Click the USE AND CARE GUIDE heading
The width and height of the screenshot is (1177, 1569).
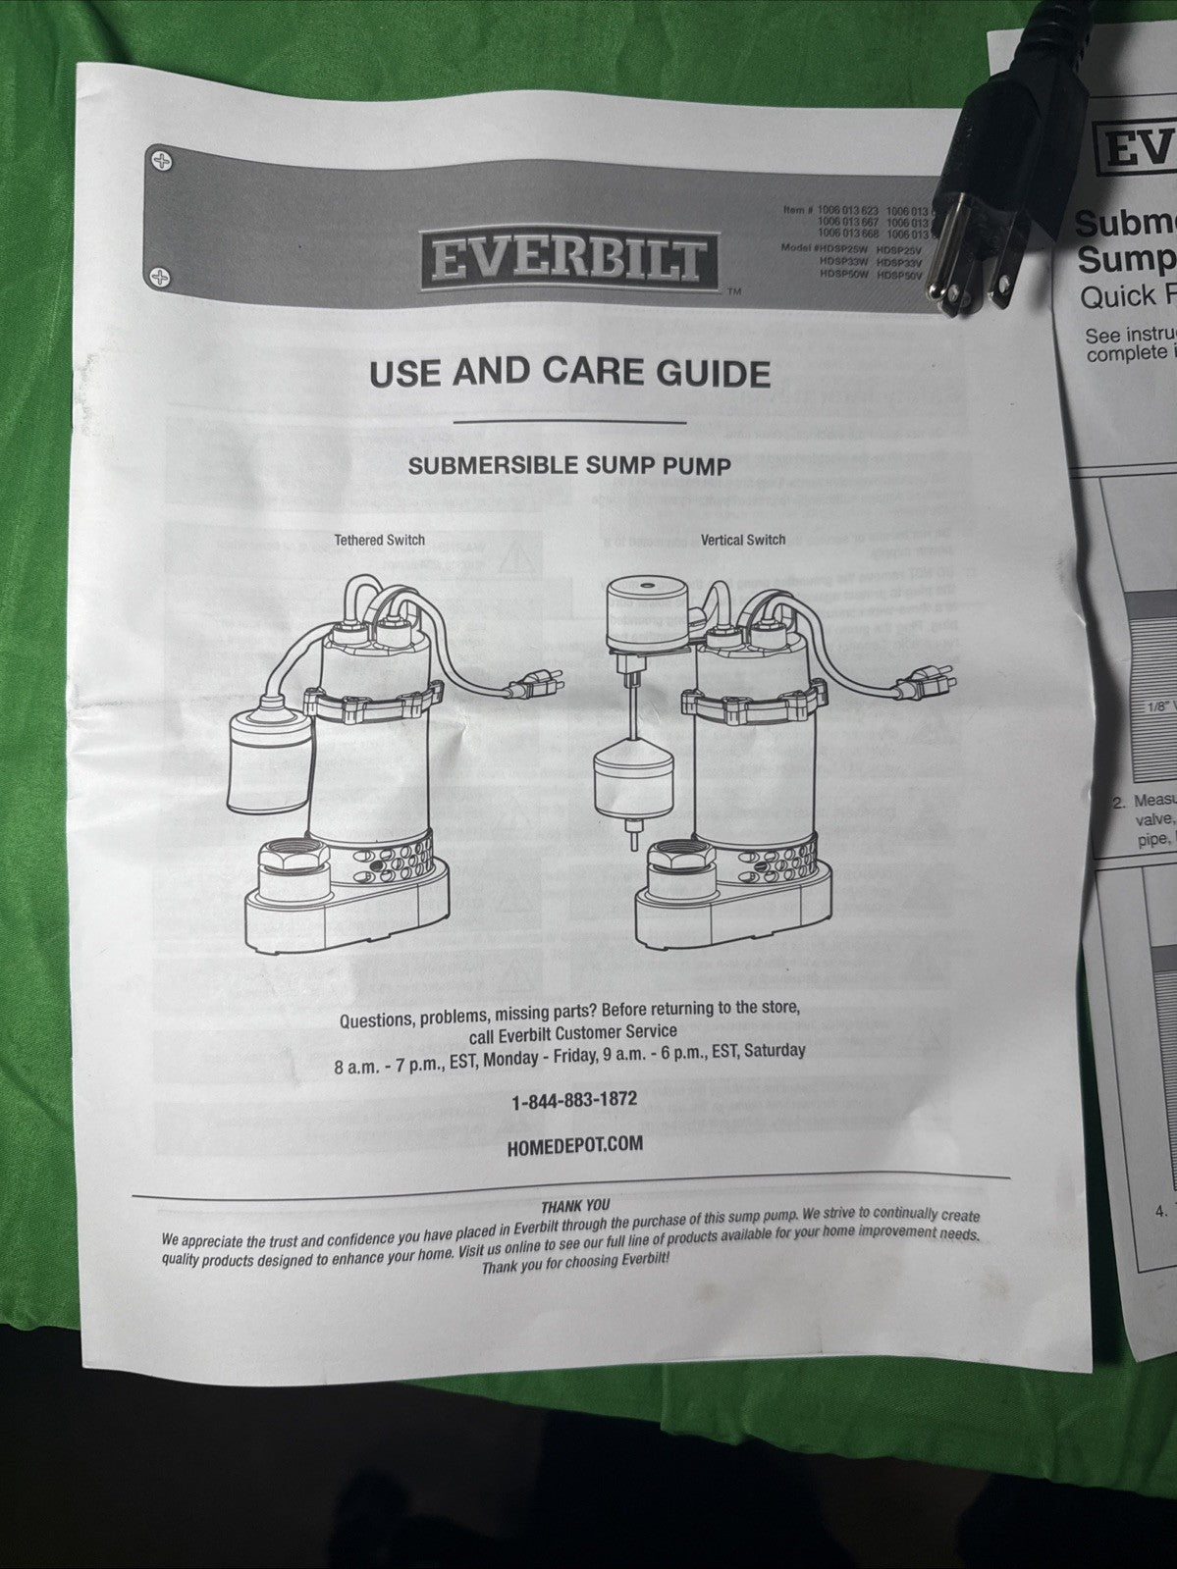click(x=568, y=374)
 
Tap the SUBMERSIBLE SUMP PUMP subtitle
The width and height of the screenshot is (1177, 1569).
click(x=569, y=466)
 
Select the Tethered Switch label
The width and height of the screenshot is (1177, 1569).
click(x=379, y=540)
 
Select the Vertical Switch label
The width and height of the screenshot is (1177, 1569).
click(x=743, y=540)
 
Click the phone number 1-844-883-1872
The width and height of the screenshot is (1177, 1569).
click(x=574, y=1100)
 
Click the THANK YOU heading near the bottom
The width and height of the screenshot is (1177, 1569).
click(x=575, y=1206)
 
